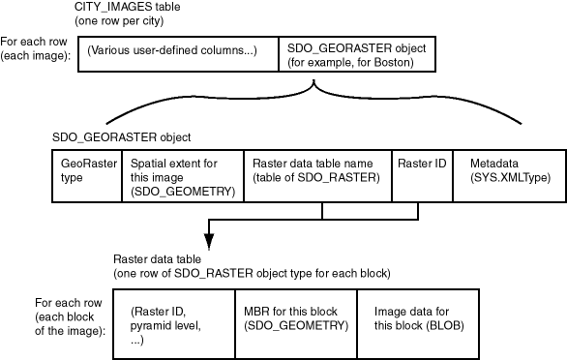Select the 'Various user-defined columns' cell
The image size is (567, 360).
click(x=172, y=50)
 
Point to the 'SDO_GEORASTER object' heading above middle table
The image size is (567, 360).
click(x=107, y=137)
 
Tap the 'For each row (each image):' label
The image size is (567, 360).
click(x=36, y=48)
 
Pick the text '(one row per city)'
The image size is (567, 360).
click(x=120, y=20)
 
